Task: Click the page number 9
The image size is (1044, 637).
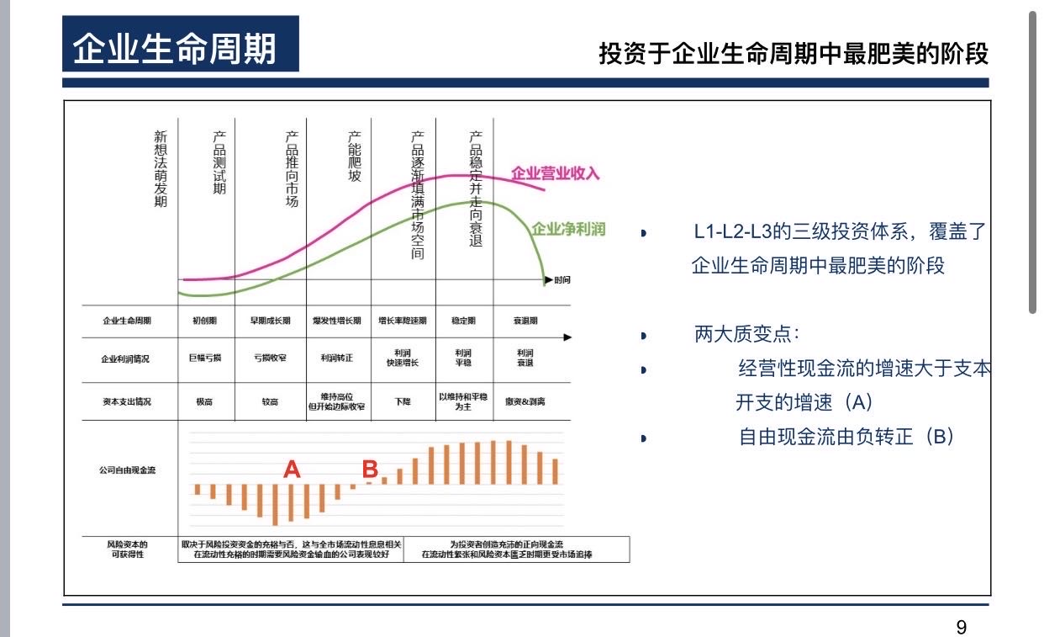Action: point(962,626)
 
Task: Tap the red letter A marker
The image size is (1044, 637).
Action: point(292,470)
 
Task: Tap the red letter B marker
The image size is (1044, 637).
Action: point(369,468)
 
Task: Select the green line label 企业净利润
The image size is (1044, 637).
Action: point(568,229)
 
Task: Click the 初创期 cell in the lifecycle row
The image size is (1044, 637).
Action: point(204,321)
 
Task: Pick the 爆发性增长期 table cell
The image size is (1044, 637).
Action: point(337,321)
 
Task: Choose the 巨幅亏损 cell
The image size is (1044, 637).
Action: point(204,358)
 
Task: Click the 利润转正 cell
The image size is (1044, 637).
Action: point(337,358)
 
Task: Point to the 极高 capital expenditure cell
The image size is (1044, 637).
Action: point(204,402)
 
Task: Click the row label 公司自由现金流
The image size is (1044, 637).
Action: point(127,470)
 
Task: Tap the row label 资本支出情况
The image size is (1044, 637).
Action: point(127,402)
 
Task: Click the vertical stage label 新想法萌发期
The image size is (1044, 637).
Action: point(161,168)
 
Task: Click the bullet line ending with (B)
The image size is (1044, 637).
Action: point(846,437)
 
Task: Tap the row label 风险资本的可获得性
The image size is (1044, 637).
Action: point(127,549)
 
